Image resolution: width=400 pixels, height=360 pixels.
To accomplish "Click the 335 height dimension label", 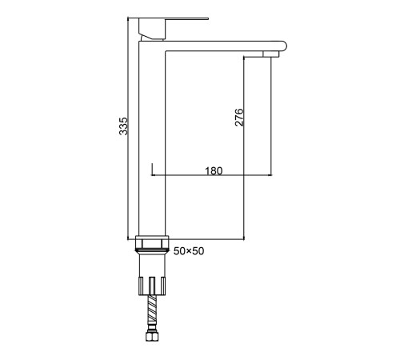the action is point(123,126).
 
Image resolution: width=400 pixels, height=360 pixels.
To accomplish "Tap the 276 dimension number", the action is point(239,117).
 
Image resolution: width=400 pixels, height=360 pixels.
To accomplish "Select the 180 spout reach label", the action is point(214,170).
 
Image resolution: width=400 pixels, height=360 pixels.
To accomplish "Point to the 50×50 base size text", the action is point(189,251).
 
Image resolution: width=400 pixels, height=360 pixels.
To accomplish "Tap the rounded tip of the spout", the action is point(284,46).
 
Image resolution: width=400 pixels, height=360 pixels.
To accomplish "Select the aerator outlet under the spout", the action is point(270,54).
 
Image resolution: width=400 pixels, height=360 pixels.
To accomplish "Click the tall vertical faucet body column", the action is point(152,138).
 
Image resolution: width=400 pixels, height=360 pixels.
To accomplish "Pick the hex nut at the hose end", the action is point(152,336).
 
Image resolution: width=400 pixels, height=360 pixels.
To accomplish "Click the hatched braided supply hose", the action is point(152,309).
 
